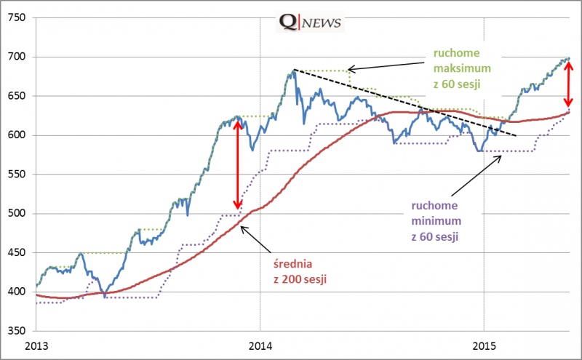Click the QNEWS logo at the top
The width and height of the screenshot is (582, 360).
point(311,23)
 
